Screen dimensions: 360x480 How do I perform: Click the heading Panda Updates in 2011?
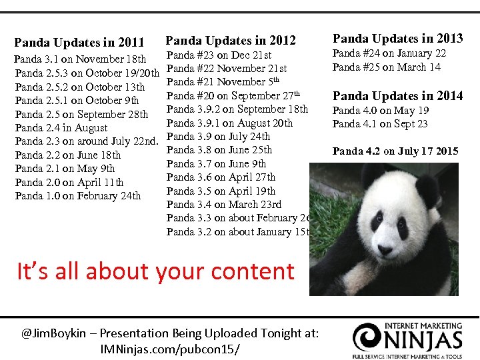(79, 43)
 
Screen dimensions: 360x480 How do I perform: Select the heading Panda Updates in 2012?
(230, 41)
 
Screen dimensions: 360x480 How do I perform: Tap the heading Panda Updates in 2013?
(397, 38)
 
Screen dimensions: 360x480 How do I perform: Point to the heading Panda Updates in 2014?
(397, 96)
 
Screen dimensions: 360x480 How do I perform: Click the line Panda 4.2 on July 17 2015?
(396, 151)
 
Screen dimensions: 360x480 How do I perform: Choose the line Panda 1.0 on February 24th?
(77, 196)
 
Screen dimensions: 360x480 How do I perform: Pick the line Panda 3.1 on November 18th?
(80, 59)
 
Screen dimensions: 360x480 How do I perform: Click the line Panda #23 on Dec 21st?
(219, 55)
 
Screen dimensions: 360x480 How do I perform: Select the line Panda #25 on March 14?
(386, 67)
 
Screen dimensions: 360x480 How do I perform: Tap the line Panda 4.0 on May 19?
(381, 111)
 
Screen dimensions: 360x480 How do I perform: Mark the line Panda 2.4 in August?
(61, 128)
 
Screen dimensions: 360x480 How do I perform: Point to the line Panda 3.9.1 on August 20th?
(229, 123)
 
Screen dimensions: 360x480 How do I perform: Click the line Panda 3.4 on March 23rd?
(224, 204)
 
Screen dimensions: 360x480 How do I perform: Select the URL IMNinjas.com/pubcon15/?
(169, 349)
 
